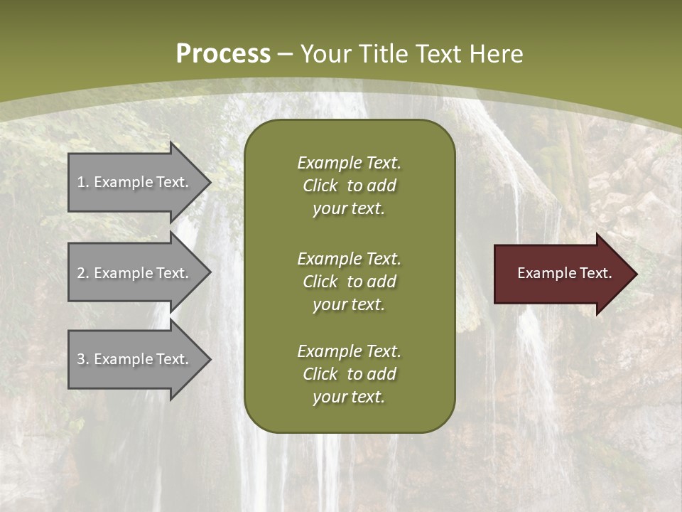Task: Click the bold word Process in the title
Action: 223,54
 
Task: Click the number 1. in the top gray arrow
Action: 82,182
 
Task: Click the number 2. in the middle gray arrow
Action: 82,273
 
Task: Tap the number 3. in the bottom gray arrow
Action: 82,359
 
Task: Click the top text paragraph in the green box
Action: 349,186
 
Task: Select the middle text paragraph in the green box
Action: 349,282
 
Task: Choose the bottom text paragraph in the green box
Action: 349,374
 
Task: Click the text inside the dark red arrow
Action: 564,273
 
